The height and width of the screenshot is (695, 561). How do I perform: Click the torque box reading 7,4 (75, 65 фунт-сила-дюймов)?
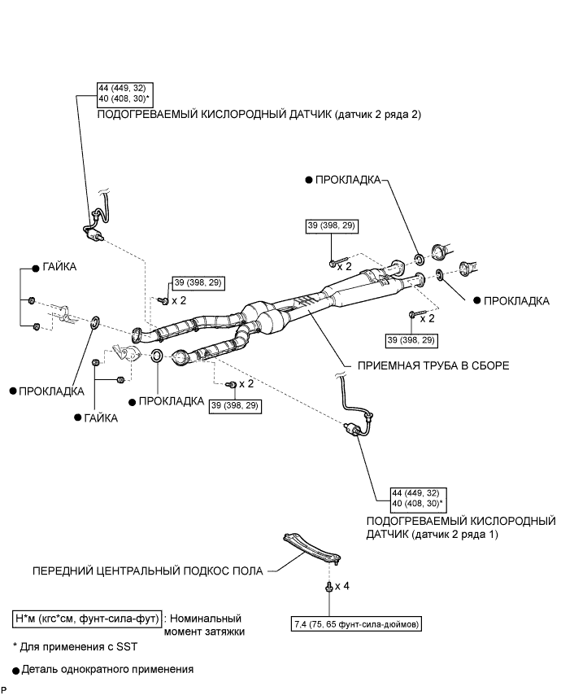pos(354,625)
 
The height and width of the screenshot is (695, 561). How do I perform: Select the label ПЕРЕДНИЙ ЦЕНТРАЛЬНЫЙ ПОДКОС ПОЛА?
pos(148,570)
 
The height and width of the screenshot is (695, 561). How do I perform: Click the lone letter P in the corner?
pos(4,690)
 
